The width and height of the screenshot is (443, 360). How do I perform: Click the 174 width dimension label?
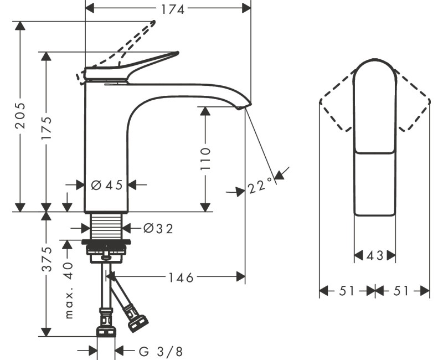tap(173, 9)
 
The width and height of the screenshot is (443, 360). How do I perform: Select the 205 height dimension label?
tap(20, 115)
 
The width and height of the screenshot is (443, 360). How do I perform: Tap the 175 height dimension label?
tap(47, 128)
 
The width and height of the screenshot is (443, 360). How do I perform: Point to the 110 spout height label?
tap(205, 158)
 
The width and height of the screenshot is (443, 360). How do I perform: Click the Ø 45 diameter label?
tap(107, 186)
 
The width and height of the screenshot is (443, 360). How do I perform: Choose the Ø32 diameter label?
tap(158, 228)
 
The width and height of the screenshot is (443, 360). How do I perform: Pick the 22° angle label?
tap(261, 186)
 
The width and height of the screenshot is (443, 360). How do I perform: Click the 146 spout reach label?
tap(181, 277)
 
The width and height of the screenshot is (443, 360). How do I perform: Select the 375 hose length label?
tap(47, 259)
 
